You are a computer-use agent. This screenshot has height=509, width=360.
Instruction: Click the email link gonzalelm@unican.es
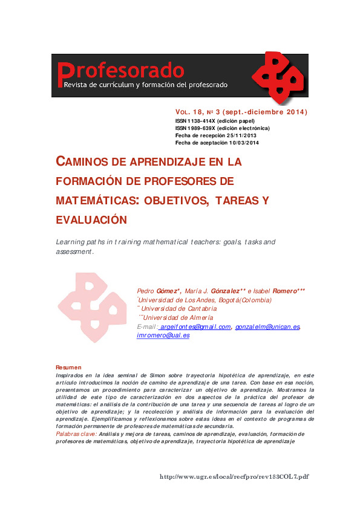click(267, 326)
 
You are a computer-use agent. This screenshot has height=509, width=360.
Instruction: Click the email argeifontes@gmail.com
click(196, 326)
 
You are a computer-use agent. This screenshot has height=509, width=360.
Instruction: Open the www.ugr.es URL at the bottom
click(234, 476)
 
